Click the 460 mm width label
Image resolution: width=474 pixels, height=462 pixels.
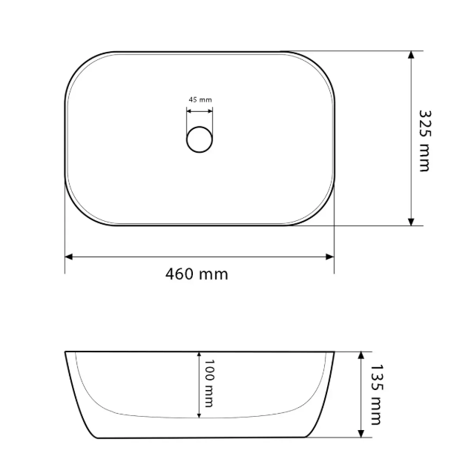[197, 274]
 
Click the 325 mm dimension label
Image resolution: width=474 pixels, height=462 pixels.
[425, 141]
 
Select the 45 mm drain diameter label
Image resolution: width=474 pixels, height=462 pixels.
[200, 99]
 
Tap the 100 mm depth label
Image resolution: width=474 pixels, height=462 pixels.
[209, 383]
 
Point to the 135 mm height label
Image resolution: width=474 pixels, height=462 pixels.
[377, 395]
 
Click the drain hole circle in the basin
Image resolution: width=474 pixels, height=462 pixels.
[200, 139]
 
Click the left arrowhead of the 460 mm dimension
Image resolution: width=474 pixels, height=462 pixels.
[69, 257]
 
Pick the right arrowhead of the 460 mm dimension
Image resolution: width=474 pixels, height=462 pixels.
[330, 257]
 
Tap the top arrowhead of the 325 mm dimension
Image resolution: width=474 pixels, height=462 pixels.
[411, 55]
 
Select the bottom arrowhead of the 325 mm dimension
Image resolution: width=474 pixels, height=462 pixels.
[411, 222]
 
